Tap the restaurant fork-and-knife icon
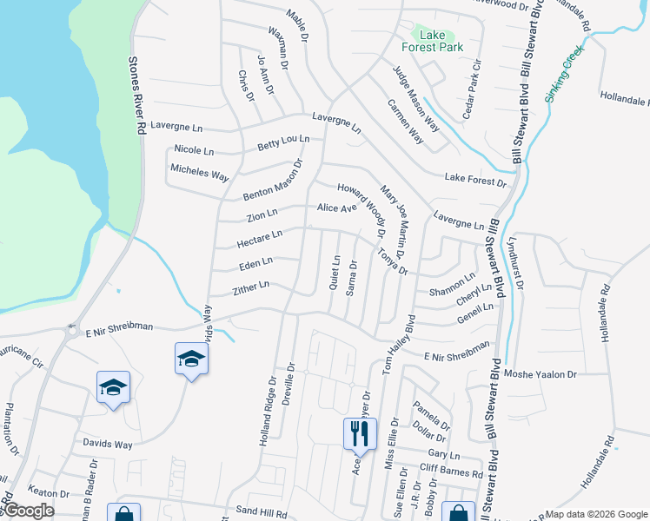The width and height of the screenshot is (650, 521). tap(360, 432)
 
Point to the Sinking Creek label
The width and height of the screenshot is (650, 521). tap(564, 73)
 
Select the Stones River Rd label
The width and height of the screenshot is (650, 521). tap(136, 96)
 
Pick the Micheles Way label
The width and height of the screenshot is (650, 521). tap(199, 174)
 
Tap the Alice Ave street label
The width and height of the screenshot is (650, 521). tap(337, 208)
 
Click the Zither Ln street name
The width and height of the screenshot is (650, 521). tap(251, 287)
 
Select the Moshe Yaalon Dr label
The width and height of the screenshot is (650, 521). tap(547, 373)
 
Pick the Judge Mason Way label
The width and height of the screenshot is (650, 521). tap(415, 98)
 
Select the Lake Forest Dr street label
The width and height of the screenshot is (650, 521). tap(475, 180)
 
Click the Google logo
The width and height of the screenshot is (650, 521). tap(29, 511)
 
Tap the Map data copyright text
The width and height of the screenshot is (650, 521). tap(594, 514)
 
